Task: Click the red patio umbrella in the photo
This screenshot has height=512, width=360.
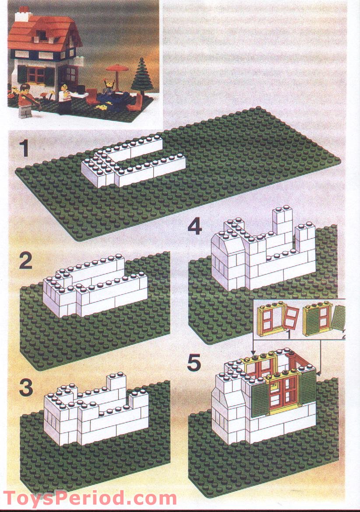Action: pos(117,68)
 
